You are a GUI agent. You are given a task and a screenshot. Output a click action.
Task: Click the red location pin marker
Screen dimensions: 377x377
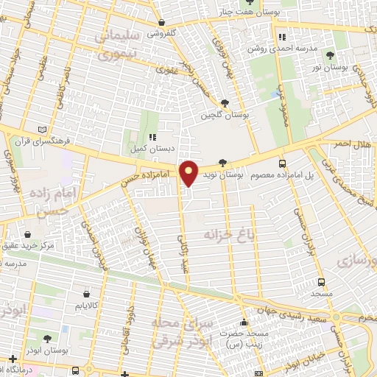189,173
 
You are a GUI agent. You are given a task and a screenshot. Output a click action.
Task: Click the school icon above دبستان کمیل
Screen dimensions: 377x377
152,137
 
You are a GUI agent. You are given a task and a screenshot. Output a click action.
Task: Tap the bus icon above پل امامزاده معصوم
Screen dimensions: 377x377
282,164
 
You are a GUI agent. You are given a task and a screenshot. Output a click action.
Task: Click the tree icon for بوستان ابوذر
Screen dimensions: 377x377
48,339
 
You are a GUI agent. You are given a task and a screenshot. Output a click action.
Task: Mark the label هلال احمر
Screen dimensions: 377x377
353,144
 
